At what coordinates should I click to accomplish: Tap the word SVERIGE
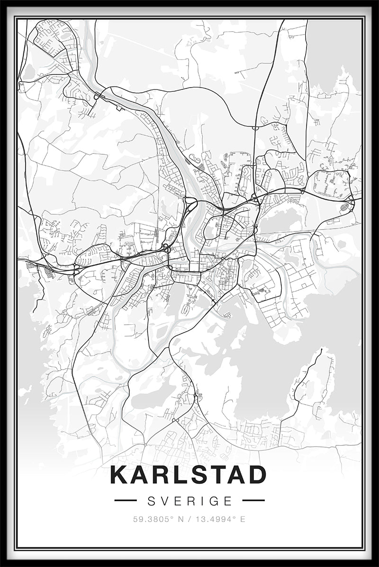[190, 500]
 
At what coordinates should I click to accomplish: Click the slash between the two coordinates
[189, 519]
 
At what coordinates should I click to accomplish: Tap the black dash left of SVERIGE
[126, 500]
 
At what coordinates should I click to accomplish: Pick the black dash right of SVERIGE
[253, 500]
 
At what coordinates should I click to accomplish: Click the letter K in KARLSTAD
[119, 475]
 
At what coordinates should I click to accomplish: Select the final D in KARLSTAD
[257, 475]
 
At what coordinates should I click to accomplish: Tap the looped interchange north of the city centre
[191, 205]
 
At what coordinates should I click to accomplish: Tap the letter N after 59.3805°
[180, 519]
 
